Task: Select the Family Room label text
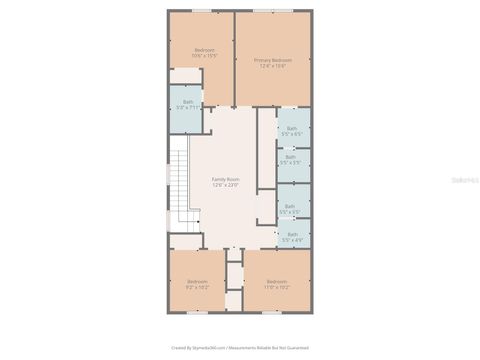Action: [225, 179]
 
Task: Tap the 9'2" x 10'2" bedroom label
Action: [196, 282]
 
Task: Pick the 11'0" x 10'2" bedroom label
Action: [277, 282]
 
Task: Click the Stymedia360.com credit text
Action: [240, 348]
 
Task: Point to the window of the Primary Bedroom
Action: [272, 11]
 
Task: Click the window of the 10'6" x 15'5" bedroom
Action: [201, 11]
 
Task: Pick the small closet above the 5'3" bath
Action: [185, 76]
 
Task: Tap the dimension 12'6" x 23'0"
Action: [225, 185]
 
